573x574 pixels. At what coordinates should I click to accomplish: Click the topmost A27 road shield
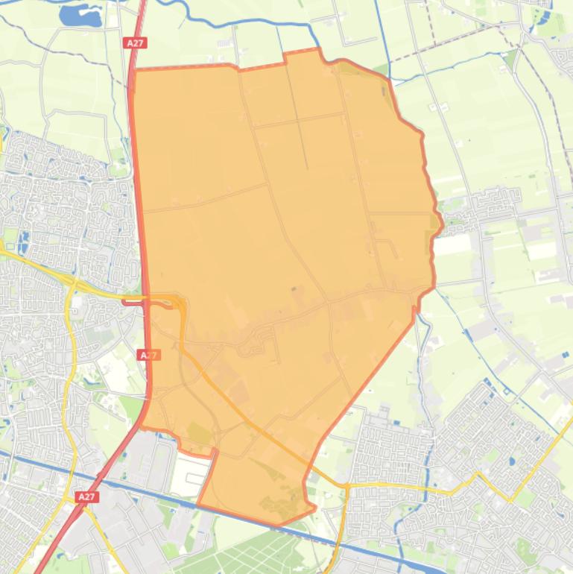135,43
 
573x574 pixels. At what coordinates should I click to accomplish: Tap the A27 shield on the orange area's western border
149,356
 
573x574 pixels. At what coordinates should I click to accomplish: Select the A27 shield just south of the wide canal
86,496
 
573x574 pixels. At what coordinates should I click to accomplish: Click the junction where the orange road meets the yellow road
346,486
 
